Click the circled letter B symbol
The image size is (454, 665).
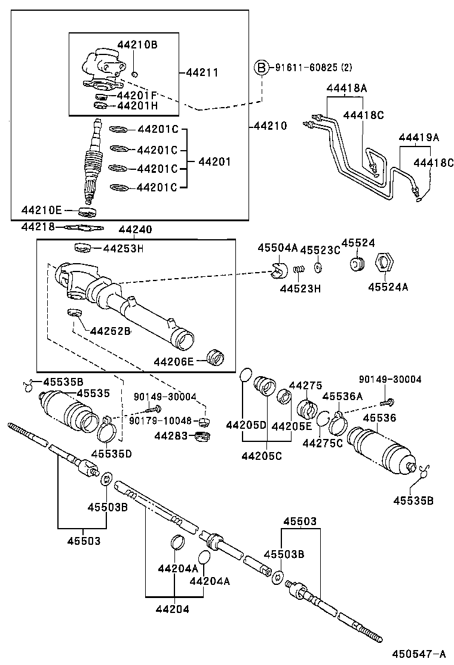[x=262, y=68]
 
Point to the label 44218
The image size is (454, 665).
[x=38, y=227]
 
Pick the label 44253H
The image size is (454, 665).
[x=123, y=248]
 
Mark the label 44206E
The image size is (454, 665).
[x=173, y=361]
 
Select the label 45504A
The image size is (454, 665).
[x=277, y=248]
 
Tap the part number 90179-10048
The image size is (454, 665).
[x=162, y=421]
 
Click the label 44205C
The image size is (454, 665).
[x=261, y=456]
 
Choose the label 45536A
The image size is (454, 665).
[x=342, y=396]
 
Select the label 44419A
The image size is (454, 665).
[x=419, y=138]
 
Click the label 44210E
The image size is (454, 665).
[x=41, y=210]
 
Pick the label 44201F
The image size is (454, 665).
[x=137, y=95]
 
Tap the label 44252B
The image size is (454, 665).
[x=110, y=331]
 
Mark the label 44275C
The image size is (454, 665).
[x=323, y=443]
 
